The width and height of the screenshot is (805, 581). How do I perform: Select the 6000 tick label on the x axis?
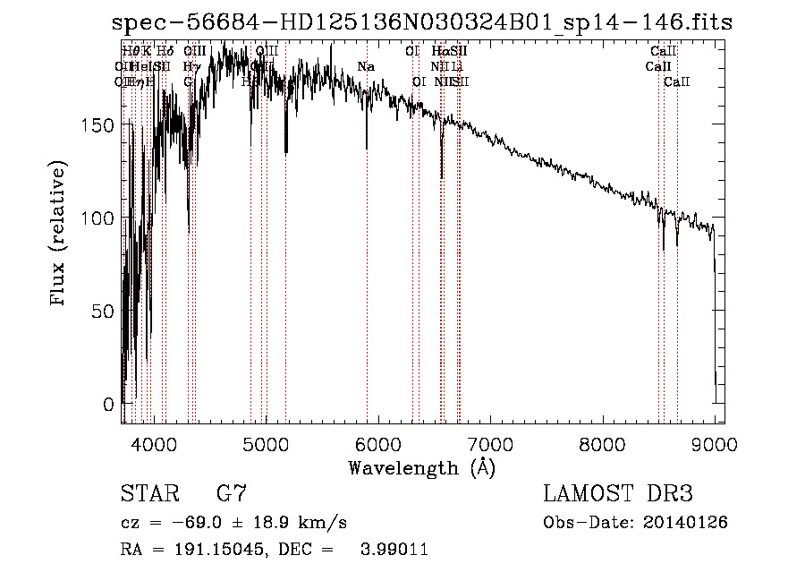pos(377,442)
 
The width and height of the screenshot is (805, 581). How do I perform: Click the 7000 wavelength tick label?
pos(490,442)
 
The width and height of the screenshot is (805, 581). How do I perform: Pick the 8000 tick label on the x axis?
pos(602,442)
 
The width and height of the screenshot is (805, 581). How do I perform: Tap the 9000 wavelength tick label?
pos(714,442)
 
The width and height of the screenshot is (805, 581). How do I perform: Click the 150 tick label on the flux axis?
pos(99,125)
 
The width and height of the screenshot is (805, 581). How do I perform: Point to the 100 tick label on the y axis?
pos(99,218)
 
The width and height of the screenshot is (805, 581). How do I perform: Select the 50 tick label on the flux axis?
pos(104,312)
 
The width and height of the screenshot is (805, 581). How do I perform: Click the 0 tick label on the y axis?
pos(109,405)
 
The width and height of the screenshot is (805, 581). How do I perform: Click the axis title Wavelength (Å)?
pos(421,467)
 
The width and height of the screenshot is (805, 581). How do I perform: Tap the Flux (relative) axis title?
pos(60,235)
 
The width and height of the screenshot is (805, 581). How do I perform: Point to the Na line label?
pos(365,67)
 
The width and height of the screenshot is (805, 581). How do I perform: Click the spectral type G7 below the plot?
pos(231,494)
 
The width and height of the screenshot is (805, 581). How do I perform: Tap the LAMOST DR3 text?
pos(618,494)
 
